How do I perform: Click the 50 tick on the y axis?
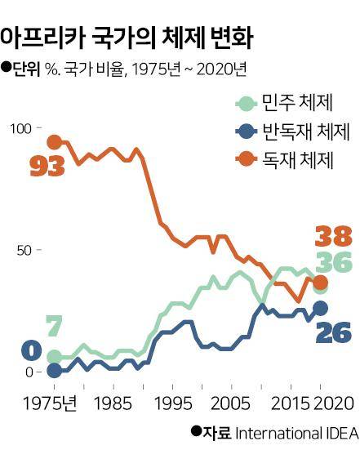26,249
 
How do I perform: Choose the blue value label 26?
332,332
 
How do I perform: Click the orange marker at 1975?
55,143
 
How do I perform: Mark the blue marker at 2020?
321,308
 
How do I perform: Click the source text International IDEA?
296,433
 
